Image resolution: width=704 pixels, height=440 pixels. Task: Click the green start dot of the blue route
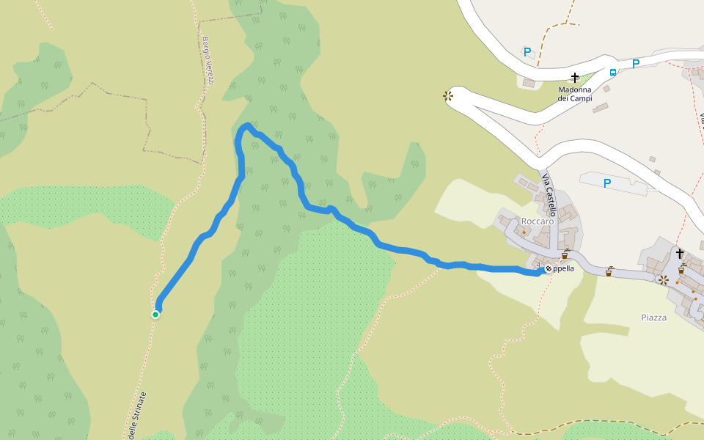click(x=155, y=315)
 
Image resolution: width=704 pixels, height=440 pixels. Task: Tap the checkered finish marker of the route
click(x=549, y=269)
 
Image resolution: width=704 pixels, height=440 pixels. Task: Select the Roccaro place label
click(x=536, y=221)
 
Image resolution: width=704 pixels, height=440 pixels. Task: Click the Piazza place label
click(x=653, y=318)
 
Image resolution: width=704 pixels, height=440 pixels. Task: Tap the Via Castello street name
click(x=549, y=193)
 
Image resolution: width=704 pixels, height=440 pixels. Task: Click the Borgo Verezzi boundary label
click(x=208, y=60)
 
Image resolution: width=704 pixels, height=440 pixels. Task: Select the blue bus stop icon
click(x=612, y=72)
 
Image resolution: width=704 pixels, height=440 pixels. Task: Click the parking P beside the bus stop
click(x=635, y=64)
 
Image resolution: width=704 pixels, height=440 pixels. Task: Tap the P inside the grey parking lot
click(x=606, y=183)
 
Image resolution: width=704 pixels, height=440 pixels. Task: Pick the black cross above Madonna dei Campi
click(x=575, y=77)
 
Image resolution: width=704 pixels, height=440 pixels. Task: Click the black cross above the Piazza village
click(x=680, y=254)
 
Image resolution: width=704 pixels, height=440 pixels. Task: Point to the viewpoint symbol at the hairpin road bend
click(x=447, y=96)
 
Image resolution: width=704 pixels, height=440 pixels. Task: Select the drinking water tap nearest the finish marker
click(x=565, y=255)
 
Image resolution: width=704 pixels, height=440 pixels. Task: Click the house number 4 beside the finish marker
click(x=538, y=265)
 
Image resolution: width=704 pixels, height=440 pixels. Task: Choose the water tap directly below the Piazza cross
click(x=681, y=269)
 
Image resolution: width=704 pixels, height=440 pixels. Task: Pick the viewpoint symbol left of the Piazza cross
click(x=663, y=279)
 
